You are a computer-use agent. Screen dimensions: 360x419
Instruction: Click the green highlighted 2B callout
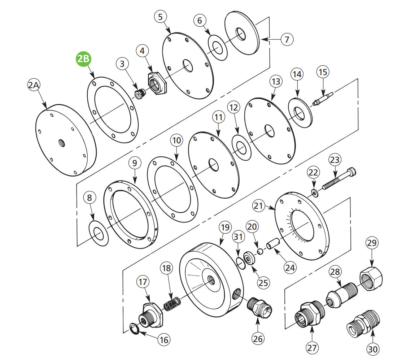pyautogui.click(x=83, y=59)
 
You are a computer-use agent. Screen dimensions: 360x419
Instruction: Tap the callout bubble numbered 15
pyautogui.click(x=323, y=72)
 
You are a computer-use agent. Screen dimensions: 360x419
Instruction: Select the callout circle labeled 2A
pyautogui.click(x=35, y=86)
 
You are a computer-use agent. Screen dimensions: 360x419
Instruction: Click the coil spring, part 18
pyautogui.click(x=172, y=303)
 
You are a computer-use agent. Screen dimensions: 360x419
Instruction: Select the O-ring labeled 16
pyautogui.click(x=135, y=329)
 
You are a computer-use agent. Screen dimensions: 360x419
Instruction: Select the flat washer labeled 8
pyautogui.click(x=98, y=234)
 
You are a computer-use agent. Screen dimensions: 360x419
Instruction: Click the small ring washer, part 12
pyautogui.click(x=241, y=147)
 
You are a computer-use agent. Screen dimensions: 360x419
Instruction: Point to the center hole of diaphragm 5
pyautogui.click(x=188, y=65)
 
